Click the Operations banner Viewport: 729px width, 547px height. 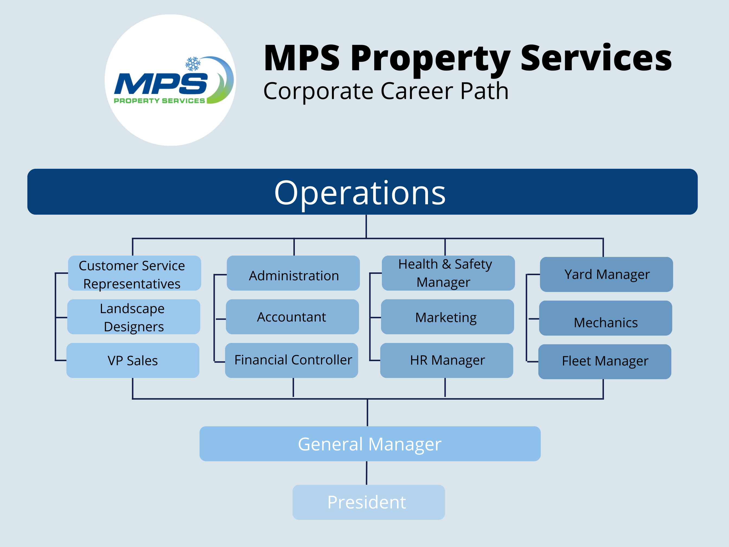(x=363, y=192)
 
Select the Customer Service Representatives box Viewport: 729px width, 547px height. (x=135, y=273)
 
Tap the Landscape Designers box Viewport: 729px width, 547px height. (x=133, y=317)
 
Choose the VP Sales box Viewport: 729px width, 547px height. (x=133, y=360)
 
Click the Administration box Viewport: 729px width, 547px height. (x=293, y=273)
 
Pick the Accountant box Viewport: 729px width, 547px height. (x=292, y=317)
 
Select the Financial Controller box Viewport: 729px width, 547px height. (x=292, y=360)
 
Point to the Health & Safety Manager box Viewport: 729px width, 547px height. (x=448, y=273)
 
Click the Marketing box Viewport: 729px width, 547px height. (x=447, y=317)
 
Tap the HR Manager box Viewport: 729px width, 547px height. (x=447, y=360)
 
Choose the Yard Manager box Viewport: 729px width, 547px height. (x=606, y=274)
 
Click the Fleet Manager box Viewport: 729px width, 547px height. (x=605, y=362)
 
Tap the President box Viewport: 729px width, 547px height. (x=369, y=502)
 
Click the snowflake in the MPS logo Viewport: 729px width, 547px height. (x=193, y=64)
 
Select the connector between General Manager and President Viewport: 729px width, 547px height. (x=366, y=473)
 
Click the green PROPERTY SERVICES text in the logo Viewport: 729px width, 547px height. (x=159, y=101)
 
